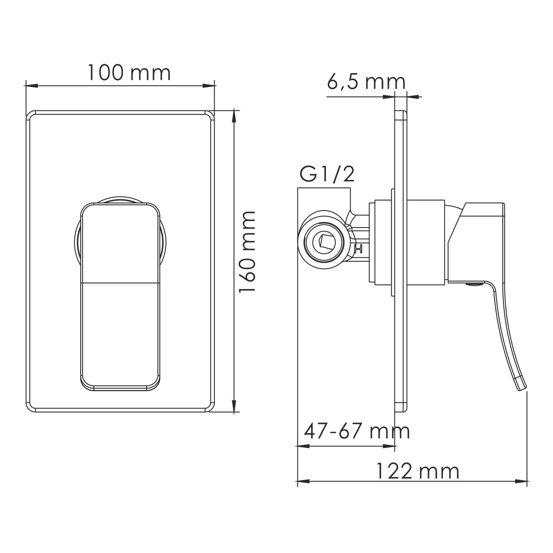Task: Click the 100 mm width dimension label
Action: [x=129, y=73]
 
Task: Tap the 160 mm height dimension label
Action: [x=247, y=252]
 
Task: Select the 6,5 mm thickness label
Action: [x=366, y=82]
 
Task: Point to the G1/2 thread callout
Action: [x=327, y=174]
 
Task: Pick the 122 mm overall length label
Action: [x=417, y=471]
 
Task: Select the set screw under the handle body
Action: [x=474, y=284]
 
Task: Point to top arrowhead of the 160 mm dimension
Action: [x=233, y=116]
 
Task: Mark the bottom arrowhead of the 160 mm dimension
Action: [x=233, y=406]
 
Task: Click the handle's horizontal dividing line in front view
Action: [x=121, y=283]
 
